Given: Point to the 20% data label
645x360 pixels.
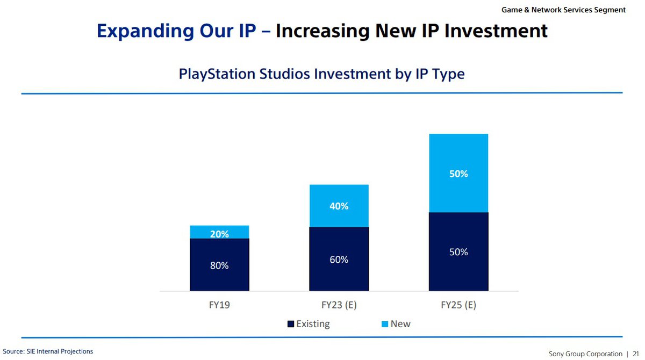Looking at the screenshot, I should (219, 234).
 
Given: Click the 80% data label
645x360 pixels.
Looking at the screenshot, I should (219, 265).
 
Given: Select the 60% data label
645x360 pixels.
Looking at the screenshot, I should (339, 260).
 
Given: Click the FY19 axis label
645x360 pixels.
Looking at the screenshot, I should (219, 305).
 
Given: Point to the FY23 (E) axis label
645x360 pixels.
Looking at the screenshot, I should (339, 305).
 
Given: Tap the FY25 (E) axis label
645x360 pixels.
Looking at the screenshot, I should (458, 305).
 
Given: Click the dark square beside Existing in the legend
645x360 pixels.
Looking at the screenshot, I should (291, 324).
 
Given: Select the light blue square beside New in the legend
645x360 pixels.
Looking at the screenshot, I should (384, 324).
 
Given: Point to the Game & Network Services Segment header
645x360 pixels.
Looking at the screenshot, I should (563, 10).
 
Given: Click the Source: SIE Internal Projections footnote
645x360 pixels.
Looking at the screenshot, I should (48, 351).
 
